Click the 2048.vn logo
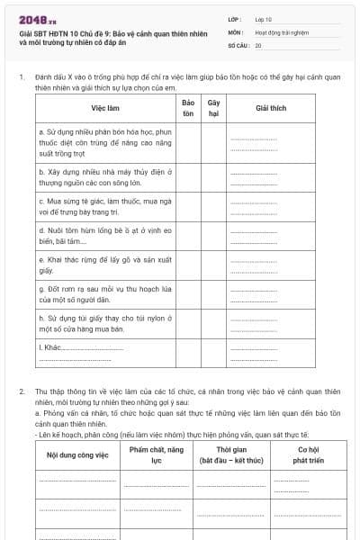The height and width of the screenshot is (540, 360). point(37,19)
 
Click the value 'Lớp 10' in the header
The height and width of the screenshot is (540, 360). point(264,19)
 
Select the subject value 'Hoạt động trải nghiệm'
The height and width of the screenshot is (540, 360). point(282,31)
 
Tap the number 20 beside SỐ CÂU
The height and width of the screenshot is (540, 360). point(258,44)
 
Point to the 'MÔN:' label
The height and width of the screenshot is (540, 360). point(236,31)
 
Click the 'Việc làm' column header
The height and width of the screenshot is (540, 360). point(104,108)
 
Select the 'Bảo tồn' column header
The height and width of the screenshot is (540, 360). point(188,108)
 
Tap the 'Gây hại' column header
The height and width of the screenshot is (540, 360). point(214,108)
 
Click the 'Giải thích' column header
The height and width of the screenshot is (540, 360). point(270,108)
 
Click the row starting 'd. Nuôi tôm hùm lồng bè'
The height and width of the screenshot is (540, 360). point(104,235)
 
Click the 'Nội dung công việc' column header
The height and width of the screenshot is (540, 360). point(77,454)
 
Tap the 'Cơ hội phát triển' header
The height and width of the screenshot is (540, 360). point(309,454)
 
